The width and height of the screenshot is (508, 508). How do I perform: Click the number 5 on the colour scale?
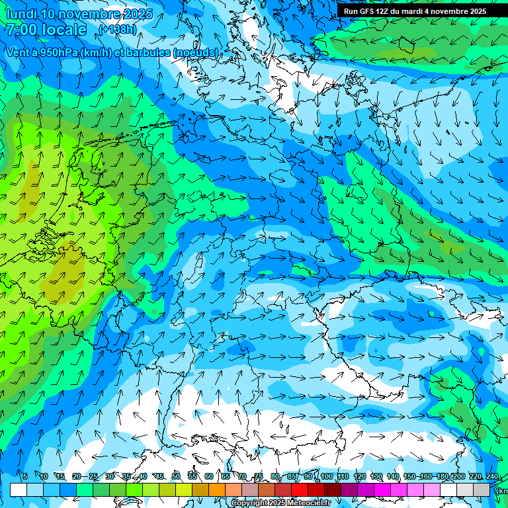coord(24,476)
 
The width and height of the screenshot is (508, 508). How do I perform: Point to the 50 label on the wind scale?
coord(176,476)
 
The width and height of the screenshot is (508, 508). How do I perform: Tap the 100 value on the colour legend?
coord(326,476)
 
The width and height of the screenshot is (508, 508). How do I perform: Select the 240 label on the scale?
coord(492,476)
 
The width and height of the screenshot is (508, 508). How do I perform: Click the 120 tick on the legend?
coord(360,476)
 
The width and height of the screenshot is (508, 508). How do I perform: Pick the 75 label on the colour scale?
coord(259,476)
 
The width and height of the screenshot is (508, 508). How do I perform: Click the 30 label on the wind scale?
coord(109,476)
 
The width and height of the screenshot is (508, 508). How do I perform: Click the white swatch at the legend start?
coord(19,489)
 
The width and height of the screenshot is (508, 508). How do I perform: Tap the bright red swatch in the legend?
coord(300,489)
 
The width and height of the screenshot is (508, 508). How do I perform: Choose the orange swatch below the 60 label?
coord(217,489)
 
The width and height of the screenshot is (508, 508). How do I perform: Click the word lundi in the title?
coord(21,14)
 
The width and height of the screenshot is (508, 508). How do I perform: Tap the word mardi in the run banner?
coord(421,11)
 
